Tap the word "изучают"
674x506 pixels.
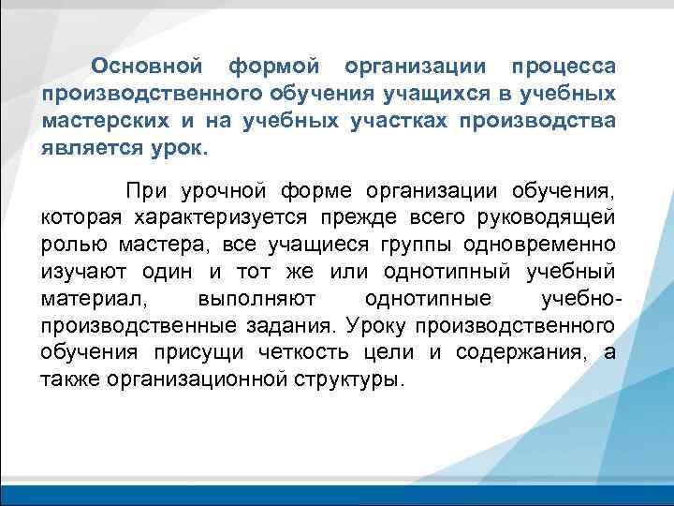pos(81,272)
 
